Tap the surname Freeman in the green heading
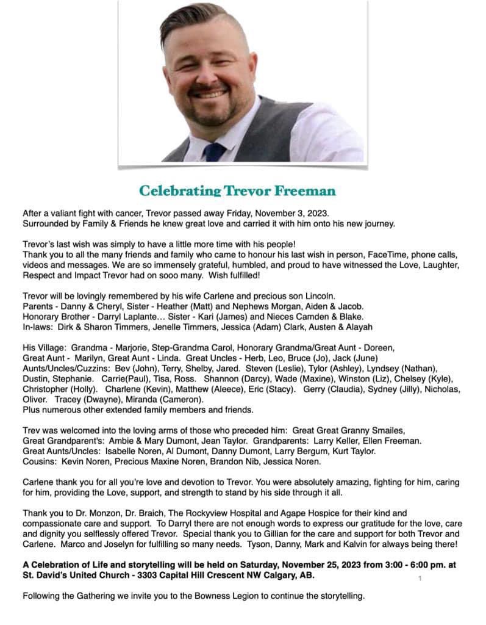(303, 190)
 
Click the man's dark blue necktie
(214, 151)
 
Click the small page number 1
(420, 577)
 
